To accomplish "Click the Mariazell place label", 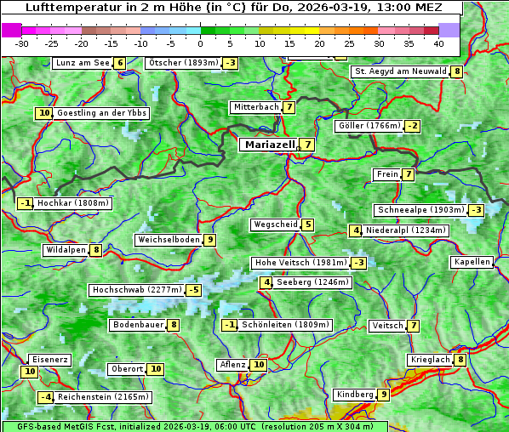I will coord(269,145).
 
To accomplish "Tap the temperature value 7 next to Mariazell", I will coord(306,145).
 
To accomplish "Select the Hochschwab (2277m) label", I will coord(137,290).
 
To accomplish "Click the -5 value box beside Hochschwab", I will coord(194,290).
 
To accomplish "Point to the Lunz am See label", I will coord(82,63).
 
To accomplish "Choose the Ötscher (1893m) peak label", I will coord(183,63).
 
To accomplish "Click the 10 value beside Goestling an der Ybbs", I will coord(43,113).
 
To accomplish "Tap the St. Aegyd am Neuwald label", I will coord(400,71).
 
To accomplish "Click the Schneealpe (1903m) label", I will coord(420,210).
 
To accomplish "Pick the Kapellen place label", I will coord(472,262).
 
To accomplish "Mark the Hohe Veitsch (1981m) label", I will coord(300,263).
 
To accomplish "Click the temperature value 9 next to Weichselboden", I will coord(209,240).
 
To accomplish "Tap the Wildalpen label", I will coord(66,250).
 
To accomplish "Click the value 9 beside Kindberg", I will coord(384,395).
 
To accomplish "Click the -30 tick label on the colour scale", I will coord(22,43).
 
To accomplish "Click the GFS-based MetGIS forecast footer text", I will coord(194,426).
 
